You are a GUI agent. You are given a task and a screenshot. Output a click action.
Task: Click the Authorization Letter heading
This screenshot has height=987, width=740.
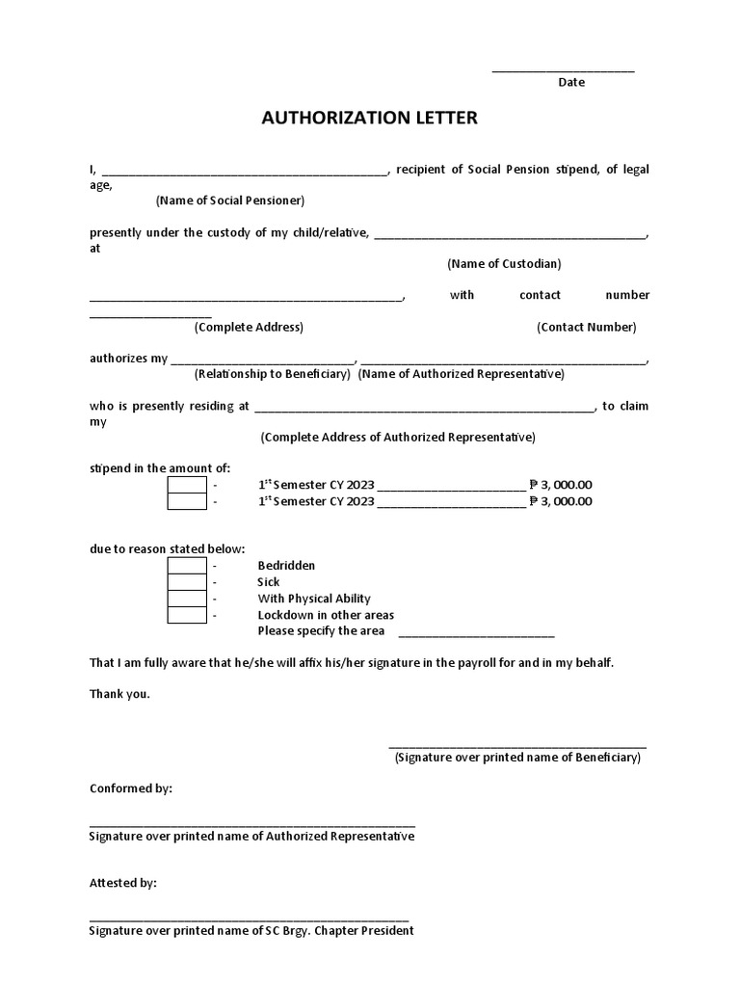(369, 119)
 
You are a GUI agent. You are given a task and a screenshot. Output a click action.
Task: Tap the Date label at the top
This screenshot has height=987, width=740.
(571, 82)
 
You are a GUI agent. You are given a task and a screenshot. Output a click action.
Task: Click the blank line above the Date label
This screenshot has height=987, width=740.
(564, 70)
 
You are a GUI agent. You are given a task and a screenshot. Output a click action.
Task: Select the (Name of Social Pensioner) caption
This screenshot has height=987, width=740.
(230, 200)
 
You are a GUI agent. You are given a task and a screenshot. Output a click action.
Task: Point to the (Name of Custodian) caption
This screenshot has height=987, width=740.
(504, 263)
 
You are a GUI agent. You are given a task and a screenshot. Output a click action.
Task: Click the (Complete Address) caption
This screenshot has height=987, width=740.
(249, 327)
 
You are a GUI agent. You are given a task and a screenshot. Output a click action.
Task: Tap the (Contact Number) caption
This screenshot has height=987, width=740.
(586, 327)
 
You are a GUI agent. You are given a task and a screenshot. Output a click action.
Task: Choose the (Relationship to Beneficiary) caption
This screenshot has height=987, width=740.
(272, 374)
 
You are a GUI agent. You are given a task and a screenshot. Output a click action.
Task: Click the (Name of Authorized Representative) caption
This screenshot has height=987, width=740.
(462, 374)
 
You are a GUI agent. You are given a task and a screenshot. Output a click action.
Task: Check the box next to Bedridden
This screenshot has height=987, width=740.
(187, 565)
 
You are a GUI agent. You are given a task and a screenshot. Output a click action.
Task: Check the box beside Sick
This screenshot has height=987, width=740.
(187, 581)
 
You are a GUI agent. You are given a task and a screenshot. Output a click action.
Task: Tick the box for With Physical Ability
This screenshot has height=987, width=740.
(187, 599)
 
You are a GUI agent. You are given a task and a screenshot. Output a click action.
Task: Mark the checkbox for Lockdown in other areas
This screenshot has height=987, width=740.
(187, 615)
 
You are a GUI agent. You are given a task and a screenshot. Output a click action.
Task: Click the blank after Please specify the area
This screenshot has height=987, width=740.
(476, 634)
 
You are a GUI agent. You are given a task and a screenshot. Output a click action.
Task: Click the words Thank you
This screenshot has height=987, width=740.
(119, 694)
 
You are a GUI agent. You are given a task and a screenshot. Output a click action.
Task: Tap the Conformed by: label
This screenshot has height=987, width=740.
(131, 788)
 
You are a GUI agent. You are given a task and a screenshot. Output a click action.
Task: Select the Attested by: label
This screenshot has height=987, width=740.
(123, 883)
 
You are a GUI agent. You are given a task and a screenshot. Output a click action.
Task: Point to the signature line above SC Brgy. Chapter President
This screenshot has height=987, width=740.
(249, 920)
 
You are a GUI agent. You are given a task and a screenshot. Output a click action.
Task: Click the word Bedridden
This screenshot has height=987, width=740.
(286, 565)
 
